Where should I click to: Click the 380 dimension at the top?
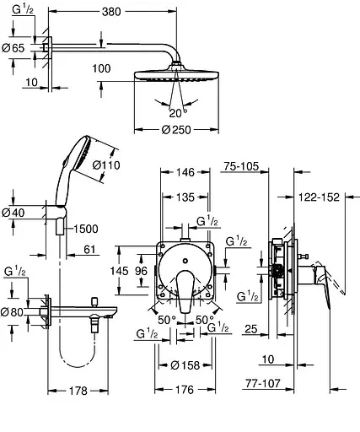point(111,12)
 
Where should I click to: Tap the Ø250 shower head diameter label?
point(176,130)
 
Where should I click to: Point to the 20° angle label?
point(178,113)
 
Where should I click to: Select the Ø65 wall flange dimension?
point(13,48)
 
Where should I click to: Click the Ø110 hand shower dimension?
point(106,165)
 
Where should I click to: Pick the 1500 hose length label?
point(86,229)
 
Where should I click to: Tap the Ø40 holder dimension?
point(13,213)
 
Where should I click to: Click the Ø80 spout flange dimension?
point(12,312)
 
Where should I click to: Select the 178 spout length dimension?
point(78,391)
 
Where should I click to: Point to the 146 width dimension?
point(185,172)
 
